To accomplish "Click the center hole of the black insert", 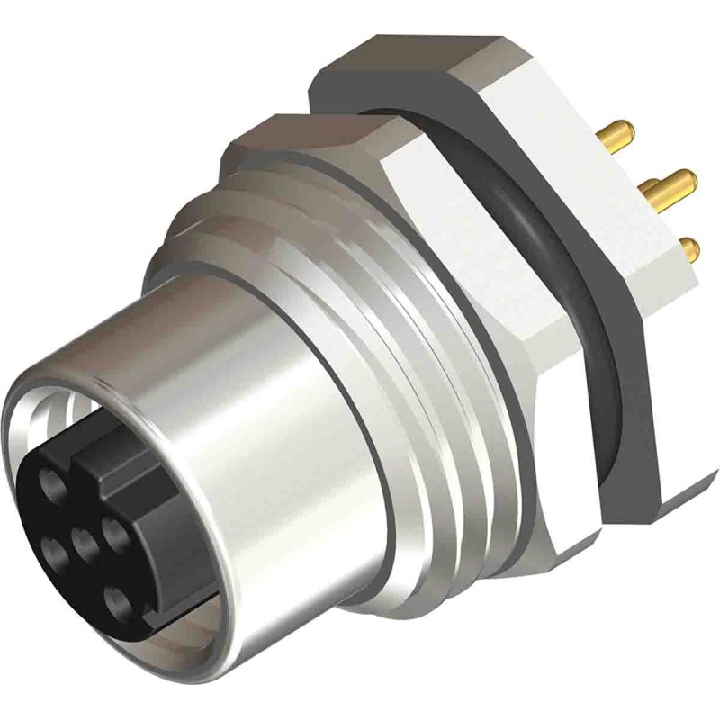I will pyautogui.click(x=85, y=543).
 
